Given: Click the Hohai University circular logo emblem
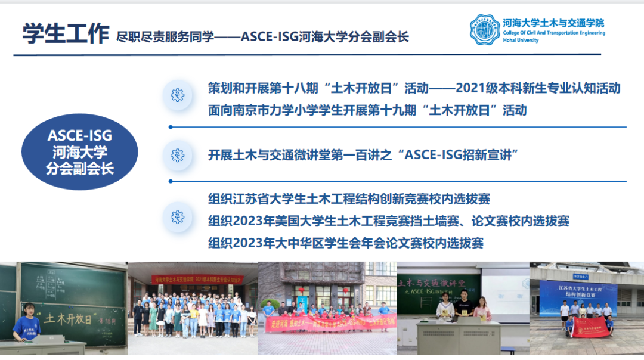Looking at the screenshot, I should [x=484, y=30].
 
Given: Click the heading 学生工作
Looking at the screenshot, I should [x=66, y=33].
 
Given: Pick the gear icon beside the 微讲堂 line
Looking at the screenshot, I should [x=177, y=155].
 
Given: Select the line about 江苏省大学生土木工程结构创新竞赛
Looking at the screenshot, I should [x=349, y=199].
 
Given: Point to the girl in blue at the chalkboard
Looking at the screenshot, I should [x=27, y=325].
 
